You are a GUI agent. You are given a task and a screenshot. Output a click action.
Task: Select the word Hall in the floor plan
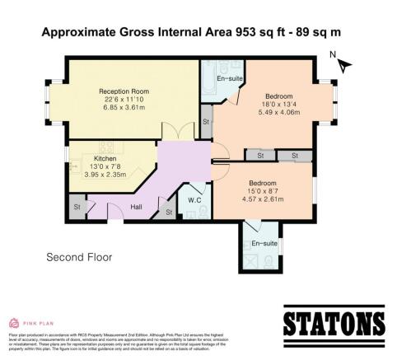click(x=138, y=207)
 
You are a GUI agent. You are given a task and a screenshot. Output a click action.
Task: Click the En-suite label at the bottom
click(x=264, y=244)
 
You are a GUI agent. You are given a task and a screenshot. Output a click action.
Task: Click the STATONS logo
click(x=334, y=322)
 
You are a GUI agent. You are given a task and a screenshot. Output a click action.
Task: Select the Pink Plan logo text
click(x=37, y=323)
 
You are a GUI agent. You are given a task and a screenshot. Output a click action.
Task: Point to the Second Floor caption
click(x=78, y=257)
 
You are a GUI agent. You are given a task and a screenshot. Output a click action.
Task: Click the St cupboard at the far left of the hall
click(x=77, y=206)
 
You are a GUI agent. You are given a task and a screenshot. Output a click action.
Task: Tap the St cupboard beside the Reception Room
click(x=206, y=123)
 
